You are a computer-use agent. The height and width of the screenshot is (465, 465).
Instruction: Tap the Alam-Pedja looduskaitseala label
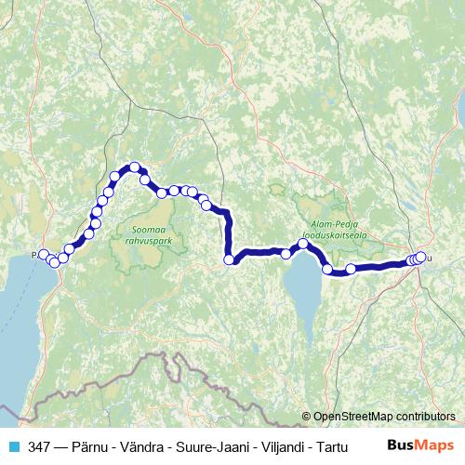click(x=334, y=229)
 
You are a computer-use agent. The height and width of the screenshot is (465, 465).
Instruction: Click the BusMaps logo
click(x=420, y=446)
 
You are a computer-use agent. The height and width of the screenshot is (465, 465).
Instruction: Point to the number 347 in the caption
click(x=39, y=446)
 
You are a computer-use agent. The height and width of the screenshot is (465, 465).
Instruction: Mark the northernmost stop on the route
click(x=135, y=167)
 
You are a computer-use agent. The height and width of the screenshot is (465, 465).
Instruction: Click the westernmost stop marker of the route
click(x=43, y=254)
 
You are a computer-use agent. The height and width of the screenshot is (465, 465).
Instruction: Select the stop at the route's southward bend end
click(x=229, y=260)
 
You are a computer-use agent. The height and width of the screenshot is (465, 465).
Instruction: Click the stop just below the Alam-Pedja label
click(x=303, y=245)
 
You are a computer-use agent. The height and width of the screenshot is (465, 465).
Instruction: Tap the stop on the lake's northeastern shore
click(x=327, y=270)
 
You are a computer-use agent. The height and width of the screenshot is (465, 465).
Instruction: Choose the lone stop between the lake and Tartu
click(x=351, y=270)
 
